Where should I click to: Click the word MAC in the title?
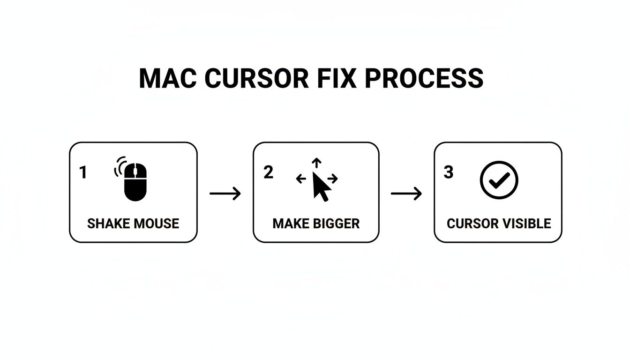coord(168,78)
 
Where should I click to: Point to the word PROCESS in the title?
coord(424,78)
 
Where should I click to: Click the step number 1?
coord(83,173)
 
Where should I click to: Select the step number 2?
coord(268,172)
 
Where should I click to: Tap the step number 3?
coord(449,172)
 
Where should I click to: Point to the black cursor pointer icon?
coord(321,186)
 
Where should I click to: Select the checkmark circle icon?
coord(499,180)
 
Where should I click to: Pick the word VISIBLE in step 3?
coord(526,224)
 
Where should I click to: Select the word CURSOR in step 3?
coord(472,224)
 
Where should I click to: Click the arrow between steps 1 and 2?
coord(225,193)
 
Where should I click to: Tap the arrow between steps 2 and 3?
coord(406,193)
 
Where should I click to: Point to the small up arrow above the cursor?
coord(317,163)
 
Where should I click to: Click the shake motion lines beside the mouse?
coord(118,167)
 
